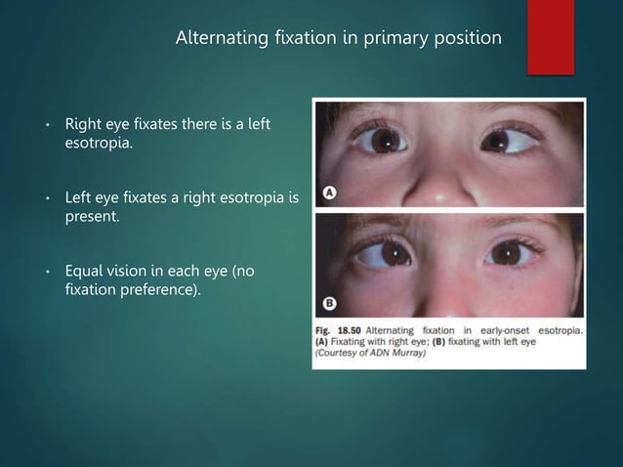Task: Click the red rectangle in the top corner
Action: pyautogui.click(x=550, y=34)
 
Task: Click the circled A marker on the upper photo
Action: pyautogui.click(x=331, y=193)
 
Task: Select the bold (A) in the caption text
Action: pyautogui.click(x=323, y=342)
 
